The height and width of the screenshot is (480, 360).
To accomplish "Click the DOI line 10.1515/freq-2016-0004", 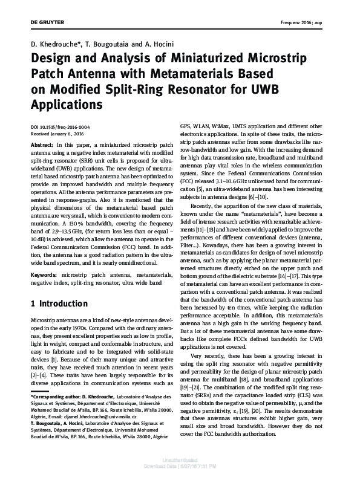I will click(59, 127).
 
